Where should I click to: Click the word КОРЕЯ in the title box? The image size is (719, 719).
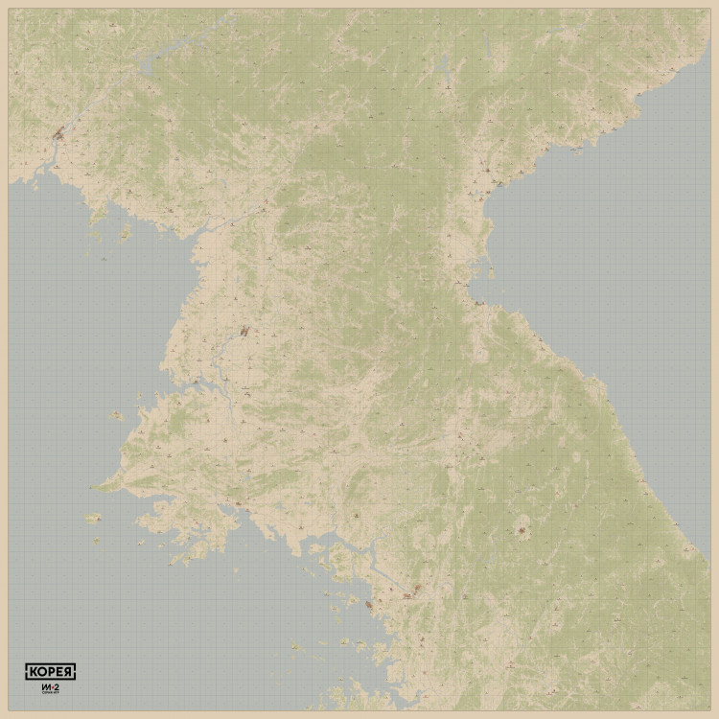[x=50, y=671]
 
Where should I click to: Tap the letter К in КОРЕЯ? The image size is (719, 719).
[x=31, y=671]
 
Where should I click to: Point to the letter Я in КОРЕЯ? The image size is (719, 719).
[x=69, y=671]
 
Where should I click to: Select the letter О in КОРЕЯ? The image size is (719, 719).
[x=40, y=671]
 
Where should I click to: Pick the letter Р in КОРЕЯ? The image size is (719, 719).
[x=50, y=671]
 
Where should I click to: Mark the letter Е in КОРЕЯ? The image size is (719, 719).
[x=59, y=671]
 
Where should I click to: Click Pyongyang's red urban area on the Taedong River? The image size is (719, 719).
[x=244, y=332]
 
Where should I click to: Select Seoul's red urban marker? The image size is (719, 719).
[x=409, y=594]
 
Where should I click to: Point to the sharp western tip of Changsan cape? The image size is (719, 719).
[x=96, y=486]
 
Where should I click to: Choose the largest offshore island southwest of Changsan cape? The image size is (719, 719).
[x=93, y=518]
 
